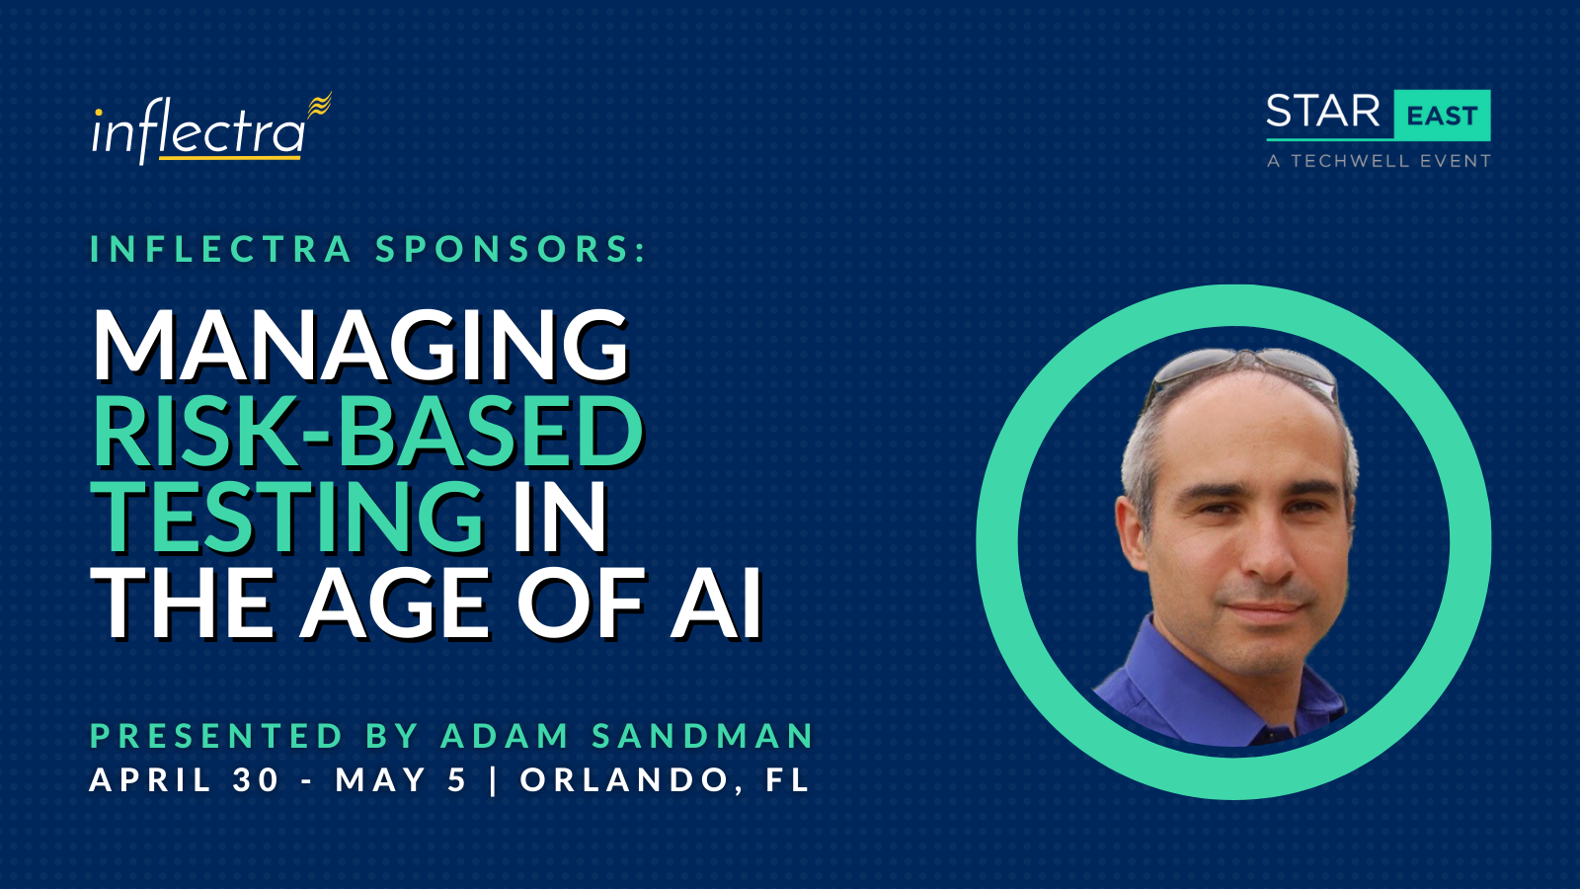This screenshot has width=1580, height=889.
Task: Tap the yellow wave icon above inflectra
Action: point(320,105)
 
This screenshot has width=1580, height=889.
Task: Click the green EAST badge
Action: point(1442,115)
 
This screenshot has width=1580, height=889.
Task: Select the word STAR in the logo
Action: point(1323,112)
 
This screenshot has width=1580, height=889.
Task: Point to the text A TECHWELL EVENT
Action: point(1379,161)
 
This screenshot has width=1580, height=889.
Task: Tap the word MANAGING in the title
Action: point(360,346)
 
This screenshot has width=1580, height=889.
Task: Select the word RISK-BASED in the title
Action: point(367,432)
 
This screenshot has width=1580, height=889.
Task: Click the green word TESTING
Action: point(287,518)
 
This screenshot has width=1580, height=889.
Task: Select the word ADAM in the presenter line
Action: point(505,735)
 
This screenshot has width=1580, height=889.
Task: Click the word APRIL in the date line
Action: point(150,779)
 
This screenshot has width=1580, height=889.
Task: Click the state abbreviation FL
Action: point(787,779)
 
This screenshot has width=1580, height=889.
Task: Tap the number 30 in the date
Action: point(257,779)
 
